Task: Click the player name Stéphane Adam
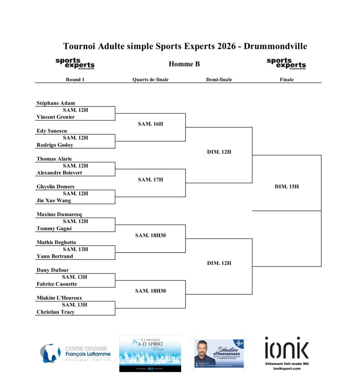click(x=56, y=103)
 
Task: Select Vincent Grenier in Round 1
click(x=56, y=117)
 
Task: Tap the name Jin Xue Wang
click(x=54, y=200)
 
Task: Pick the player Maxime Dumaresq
click(x=59, y=214)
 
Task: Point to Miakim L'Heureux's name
click(x=59, y=298)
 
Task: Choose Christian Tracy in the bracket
click(x=56, y=312)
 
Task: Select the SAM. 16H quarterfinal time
click(x=151, y=124)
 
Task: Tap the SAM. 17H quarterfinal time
click(x=151, y=180)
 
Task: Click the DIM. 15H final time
click(x=287, y=187)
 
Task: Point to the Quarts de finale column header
click(x=151, y=79)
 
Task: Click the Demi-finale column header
click(x=219, y=79)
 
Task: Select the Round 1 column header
click(x=75, y=79)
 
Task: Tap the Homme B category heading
click(x=184, y=64)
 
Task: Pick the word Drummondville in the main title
click(x=275, y=46)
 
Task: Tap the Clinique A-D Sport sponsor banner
click(x=150, y=353)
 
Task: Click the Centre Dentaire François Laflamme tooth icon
click(x=50, y=353)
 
